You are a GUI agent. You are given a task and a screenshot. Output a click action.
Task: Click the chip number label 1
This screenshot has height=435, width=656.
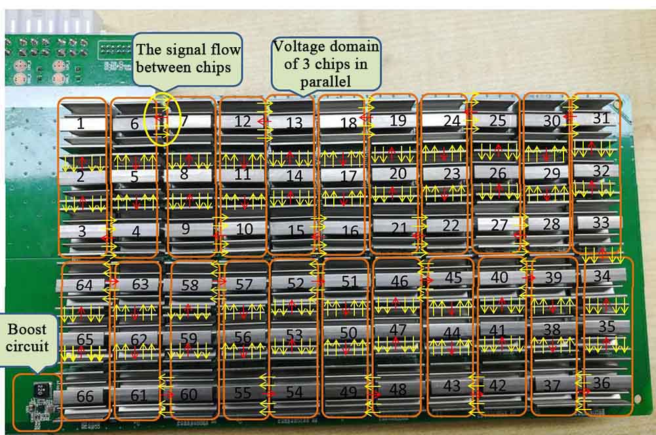click(x=80, y=124)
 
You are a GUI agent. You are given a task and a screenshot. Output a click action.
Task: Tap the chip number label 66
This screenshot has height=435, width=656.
click(x=85, y=396)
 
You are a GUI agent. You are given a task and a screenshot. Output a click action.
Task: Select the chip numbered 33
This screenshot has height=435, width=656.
click(x=601, y=223)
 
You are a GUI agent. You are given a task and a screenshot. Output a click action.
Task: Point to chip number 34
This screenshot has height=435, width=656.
click(x=602, y=276)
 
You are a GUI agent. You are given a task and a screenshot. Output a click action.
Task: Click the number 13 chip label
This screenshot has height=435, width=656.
click(x=295, y=123)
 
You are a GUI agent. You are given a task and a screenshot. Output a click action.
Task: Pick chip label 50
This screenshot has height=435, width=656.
click(x=348, y=333)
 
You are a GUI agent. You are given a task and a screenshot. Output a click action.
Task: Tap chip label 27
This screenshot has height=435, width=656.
click(x=500, y=225)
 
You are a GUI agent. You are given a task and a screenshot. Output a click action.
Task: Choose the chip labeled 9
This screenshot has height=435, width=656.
click(x=186, y=229)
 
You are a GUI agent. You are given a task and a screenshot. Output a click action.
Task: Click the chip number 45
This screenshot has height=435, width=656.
click(x=453, y=278)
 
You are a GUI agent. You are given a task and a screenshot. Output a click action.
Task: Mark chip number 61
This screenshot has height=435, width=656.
click(x=138, y=396)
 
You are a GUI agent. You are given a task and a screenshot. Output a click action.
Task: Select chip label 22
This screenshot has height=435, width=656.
click(x=451, y=225)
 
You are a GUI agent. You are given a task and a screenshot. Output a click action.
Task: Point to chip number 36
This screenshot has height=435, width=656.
click(x=601, y=383)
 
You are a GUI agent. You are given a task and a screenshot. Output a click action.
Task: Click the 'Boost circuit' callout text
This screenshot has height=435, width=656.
click(x=28, y=336)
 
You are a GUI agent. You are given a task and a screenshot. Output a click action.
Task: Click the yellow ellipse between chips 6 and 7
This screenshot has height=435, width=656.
click(x=162, y=119)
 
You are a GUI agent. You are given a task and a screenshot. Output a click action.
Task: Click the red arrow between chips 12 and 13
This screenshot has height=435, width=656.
click(x=262, y=122)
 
